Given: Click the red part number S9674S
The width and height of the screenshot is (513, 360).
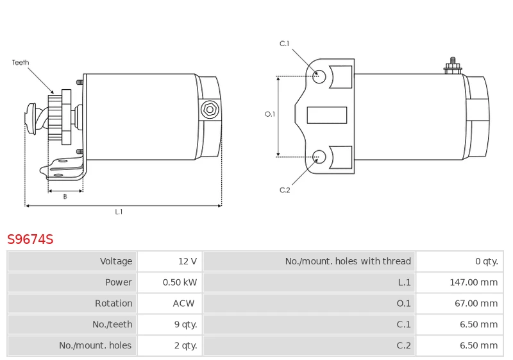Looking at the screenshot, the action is coord(30,239).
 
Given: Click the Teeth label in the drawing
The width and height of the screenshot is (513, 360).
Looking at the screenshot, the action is coord(21,62).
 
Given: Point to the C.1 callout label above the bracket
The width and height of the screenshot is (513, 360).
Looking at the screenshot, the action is coord(284,44).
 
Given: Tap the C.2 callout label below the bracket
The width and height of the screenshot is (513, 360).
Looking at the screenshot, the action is coord(285,190).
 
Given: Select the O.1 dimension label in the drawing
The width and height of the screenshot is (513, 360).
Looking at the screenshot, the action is coord(270,114).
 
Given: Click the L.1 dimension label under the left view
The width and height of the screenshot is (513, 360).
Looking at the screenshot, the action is coord(119,212).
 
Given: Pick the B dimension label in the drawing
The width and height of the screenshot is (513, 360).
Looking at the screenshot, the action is coord(65,196).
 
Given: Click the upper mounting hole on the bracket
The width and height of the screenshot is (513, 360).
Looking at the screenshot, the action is coord(319,76).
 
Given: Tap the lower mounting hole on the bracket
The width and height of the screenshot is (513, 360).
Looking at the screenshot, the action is coord(319,157).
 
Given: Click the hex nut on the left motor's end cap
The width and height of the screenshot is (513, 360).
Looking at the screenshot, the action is coord(210,110).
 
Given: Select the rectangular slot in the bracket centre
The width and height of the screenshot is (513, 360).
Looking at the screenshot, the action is coord(327,116).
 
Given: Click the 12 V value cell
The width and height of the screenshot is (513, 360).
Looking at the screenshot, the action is coord(187,261).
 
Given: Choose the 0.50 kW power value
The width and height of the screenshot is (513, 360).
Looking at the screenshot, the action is coord(180,282).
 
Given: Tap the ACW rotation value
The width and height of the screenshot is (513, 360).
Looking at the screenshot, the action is coord(183,304).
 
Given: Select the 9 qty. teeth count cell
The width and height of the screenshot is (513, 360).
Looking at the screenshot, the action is coord(185,324).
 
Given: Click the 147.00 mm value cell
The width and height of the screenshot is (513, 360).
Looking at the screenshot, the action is coord(473,282).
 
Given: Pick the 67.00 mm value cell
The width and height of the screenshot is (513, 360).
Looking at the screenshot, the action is coord(476,304).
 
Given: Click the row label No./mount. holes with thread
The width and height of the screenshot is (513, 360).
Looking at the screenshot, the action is coord(348,261).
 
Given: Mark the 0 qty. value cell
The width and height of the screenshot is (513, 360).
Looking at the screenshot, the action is coord(487,261).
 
